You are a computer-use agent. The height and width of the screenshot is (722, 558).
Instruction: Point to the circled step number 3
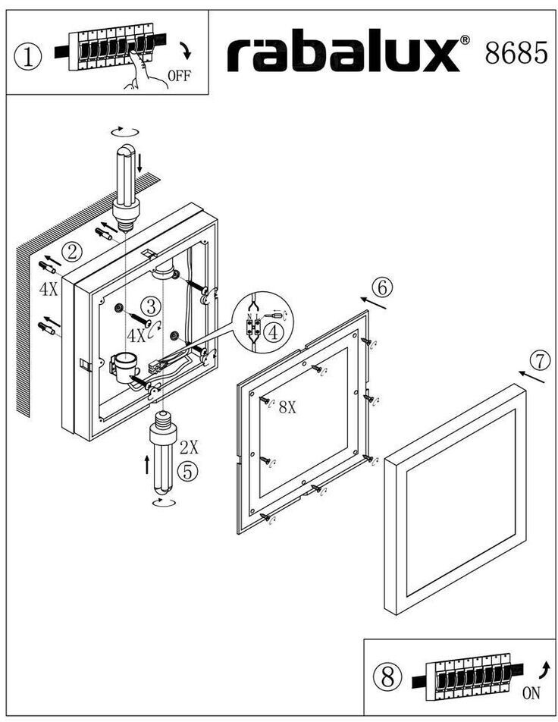(x=152, y=306)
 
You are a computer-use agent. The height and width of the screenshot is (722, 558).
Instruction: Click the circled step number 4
(x=274, y=331)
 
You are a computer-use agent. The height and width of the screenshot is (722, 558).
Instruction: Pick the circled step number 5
(x=188, y=470)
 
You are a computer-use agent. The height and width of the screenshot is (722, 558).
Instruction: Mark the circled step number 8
(x=388, y=673)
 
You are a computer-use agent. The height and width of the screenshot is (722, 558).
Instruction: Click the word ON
(x=532, y=692)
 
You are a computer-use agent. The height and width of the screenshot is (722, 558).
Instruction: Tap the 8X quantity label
(x=287, y=407)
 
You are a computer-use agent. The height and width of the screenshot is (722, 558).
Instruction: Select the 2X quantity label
(x=190, y=447)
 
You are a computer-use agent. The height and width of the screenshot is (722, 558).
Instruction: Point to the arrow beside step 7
(x=532, y=376)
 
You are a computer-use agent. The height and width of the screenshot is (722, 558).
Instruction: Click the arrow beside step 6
(x=375, y=303)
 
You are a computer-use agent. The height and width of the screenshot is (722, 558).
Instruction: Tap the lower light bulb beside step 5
(x=163, y=455)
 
